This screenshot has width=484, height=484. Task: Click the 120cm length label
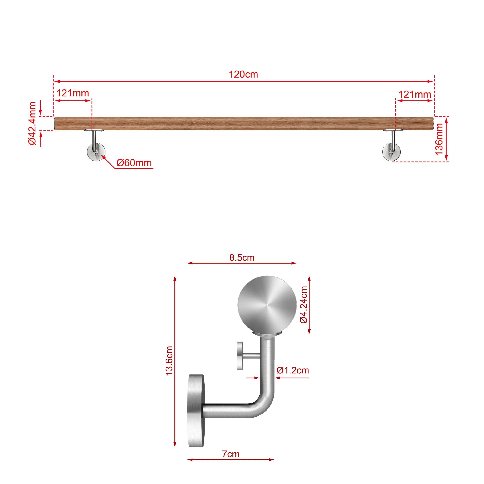pyautogui.click(x=243, y=74)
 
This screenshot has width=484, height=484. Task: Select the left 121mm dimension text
pyautogui.click(x=73, y=93)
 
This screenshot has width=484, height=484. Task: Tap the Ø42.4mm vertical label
pyautogui.click(x=33, y=123)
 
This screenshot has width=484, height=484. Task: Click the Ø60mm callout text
pyautogui.click(x=134, y=163)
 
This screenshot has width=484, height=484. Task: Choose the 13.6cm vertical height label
pyautogui.click(x=169, y=360)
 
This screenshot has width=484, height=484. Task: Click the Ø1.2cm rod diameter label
pyautogui.click(x=293, y=370)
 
